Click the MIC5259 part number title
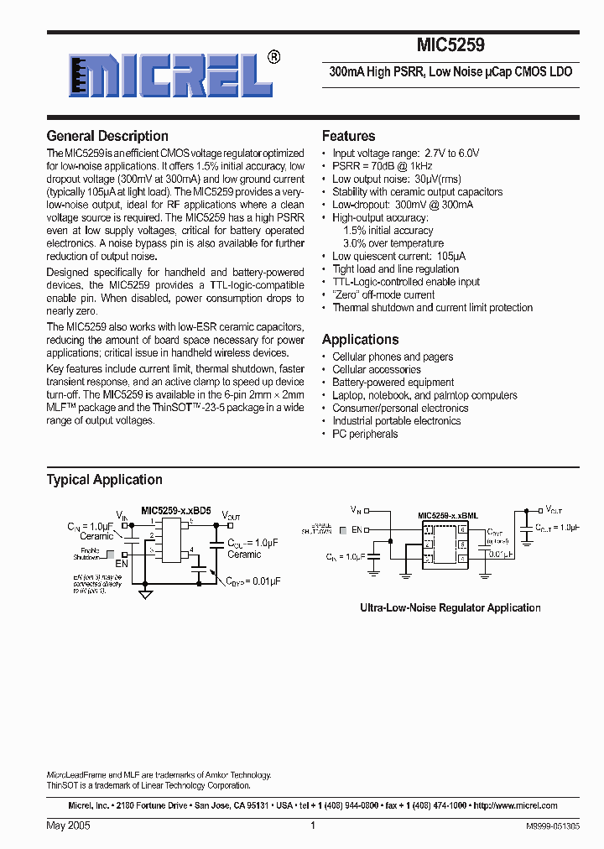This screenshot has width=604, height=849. coord(450,46)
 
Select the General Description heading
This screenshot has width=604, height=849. coord(107,136)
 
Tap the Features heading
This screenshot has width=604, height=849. coord(349,136)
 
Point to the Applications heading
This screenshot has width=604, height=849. coord(361,340)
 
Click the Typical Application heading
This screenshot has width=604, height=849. coord(105,480)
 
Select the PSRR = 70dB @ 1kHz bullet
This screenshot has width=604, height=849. coord(387,166)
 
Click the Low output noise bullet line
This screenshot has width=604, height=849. coord(397,179)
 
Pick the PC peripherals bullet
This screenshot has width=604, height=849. coord(365,434)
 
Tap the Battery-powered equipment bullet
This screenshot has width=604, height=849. coord(393,383)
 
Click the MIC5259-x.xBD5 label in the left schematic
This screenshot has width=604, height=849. coord(176,510)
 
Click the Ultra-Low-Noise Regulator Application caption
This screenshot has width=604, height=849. coord(450,607)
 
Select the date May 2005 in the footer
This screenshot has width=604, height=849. coord(69,826)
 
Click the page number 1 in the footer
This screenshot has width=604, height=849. coord(312,826)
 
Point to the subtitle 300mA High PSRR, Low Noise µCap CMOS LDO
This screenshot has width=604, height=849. coord(450,72)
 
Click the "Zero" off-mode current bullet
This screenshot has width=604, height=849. coord(383,294)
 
